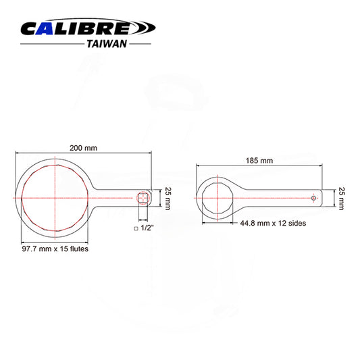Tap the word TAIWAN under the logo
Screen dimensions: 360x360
point(106,43)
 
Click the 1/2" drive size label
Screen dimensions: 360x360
point(147,229)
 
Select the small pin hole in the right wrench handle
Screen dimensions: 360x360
point(313,198)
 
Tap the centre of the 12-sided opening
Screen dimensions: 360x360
point(217,198)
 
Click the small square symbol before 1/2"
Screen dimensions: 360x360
point(136,230)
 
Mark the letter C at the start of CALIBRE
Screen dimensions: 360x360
point(31,29)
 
